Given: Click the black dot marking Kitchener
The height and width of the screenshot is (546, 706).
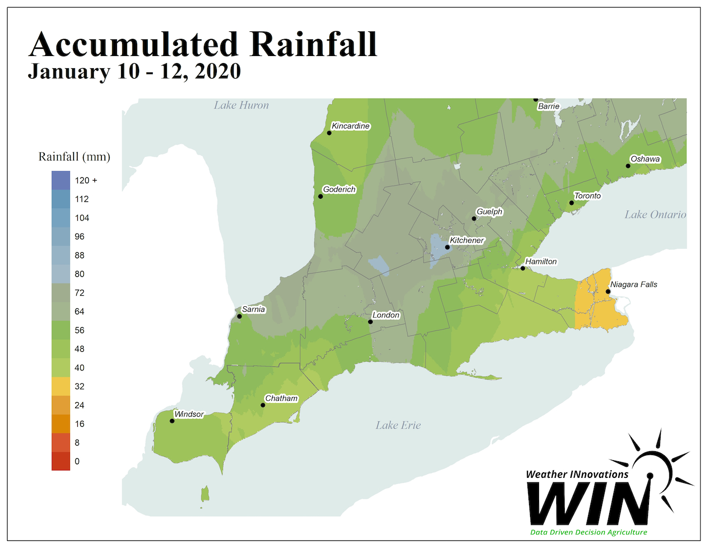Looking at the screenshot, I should [447, 247].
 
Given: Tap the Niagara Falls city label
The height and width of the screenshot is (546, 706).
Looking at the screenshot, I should [633, 285].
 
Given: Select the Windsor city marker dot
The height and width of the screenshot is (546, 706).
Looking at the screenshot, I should [172, 421].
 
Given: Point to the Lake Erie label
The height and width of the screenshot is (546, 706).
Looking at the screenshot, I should [398, 425].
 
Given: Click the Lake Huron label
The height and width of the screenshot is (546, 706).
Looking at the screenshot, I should [241, 105].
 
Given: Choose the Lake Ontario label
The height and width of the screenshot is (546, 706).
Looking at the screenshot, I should [655, 215].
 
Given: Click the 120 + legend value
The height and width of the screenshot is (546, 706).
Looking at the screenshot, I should [86, 181].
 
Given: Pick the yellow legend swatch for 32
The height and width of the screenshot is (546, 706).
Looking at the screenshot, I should [61, 387].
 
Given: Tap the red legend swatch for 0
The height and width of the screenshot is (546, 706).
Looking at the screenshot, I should [61, 461].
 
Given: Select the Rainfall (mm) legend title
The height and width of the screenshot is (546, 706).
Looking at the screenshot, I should [74, 157].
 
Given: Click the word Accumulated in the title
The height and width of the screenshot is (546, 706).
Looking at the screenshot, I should [133, 44].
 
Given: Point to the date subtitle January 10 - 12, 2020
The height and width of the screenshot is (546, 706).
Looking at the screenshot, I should [134, 72].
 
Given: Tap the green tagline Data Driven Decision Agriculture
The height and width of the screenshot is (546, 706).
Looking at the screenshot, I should [589, 532].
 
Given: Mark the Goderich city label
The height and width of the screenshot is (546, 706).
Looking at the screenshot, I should [339, 190].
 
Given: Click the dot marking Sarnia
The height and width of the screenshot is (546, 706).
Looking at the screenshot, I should [240, 316].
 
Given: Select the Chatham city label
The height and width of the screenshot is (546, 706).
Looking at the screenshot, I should [281, 399].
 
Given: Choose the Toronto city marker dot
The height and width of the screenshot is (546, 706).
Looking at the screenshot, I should [571, 203].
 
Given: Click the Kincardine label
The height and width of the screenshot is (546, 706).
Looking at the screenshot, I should [350, 126].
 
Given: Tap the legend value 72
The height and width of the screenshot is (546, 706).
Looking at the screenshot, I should [79, 293].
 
